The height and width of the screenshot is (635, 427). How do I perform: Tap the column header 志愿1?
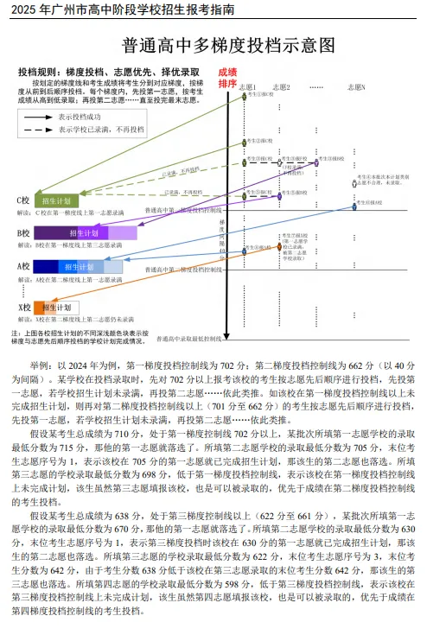coord(248,87)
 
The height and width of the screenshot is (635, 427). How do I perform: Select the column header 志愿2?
coord(281,87)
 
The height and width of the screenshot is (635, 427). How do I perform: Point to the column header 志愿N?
coord(356,87)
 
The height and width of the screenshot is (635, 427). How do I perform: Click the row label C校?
coord(23,200)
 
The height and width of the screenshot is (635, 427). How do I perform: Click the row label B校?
coord(23,233)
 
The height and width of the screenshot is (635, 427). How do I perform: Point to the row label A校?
coord(23,267)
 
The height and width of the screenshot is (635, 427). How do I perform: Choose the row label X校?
coord(23,308)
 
